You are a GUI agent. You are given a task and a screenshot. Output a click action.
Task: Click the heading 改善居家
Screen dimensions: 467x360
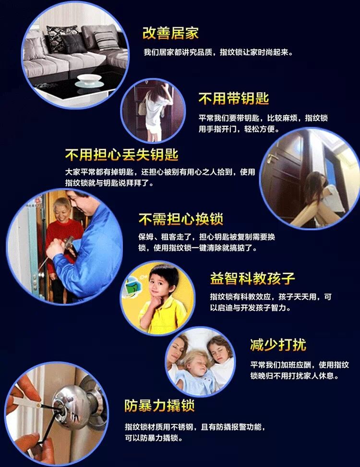pyautogui.click(x=170, y=33)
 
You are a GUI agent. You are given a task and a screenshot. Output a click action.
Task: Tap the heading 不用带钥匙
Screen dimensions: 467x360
pyautogui.click(x=233, y=99)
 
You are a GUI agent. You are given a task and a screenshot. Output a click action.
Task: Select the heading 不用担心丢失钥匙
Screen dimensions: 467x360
pyautogui.click(x=121, y=155)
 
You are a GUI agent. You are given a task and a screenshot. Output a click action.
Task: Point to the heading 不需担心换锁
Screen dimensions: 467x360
pyautogui.click(x=180, y=219)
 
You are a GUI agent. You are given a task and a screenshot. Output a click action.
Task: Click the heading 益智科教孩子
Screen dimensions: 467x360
pyautogui.click(x=252, y=278)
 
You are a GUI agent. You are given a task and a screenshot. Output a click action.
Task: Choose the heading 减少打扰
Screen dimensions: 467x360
pyautogui.click(x=277, y=344)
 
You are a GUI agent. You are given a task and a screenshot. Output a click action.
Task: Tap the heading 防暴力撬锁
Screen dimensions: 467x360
pyautogui.click(x=159, y=406)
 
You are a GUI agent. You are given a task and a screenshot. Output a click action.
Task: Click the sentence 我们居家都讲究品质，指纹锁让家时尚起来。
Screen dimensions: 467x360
pyautogui.click(x=218, y=52)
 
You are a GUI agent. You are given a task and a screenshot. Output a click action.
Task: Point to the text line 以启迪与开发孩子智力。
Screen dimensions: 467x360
pyautogui.click(x=250, y=308)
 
